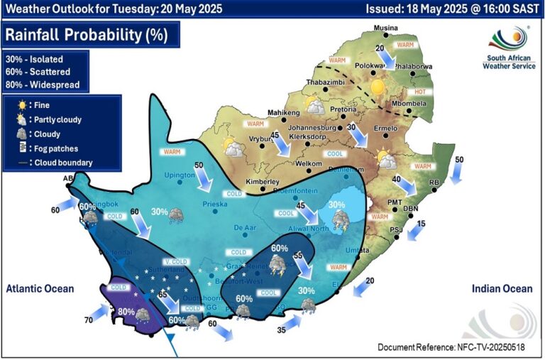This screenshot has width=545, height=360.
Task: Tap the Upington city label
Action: (180, 175)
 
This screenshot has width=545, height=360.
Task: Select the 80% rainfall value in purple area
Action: (127, 311)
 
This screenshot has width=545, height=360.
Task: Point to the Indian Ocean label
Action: (502, 288)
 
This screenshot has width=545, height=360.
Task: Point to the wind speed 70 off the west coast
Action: (88, 320)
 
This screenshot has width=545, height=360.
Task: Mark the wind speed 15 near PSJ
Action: (421, 224)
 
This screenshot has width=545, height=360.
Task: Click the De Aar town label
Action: (244, 228)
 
